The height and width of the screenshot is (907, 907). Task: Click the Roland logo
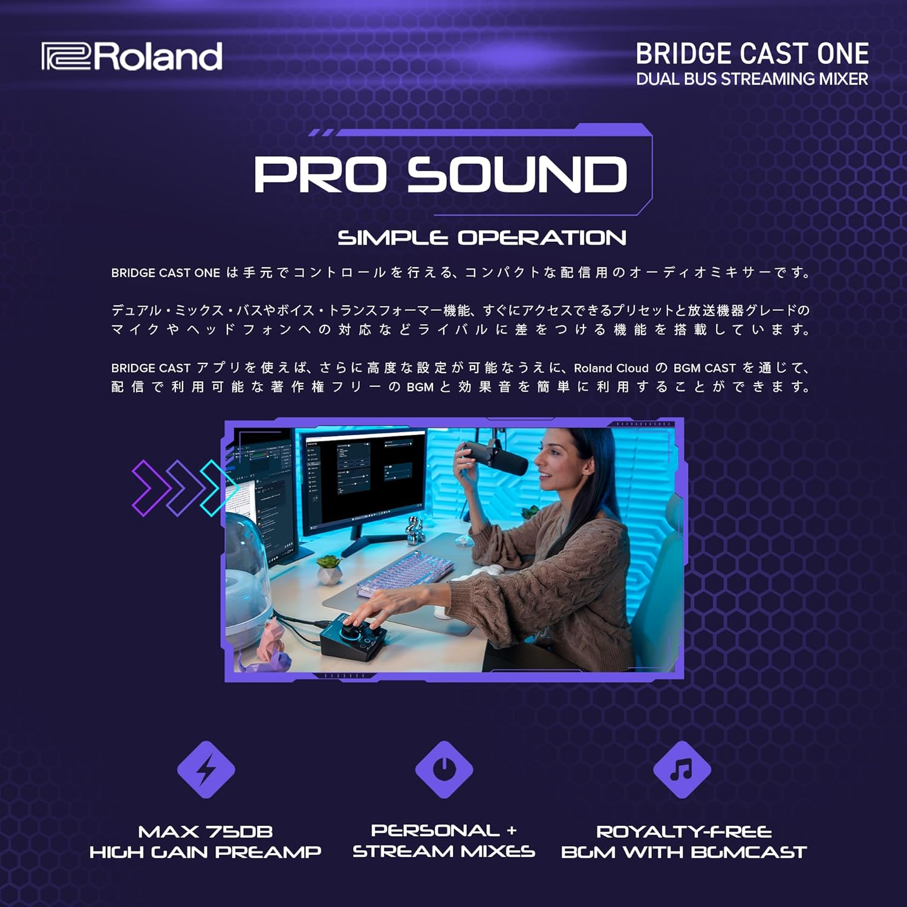[x=132, y=56]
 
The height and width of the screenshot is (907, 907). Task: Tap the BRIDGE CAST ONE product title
[x=752, y=54]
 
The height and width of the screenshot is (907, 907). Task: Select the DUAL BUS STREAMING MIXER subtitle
[x=752, y=79]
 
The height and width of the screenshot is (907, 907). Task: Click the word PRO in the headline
[x=320, y=175]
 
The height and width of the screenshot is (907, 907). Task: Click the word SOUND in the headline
[x=517, y=175]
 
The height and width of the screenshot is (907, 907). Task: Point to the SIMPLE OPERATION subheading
[x=481, y=238]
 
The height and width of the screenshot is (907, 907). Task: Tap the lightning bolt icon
[x=206, y=769]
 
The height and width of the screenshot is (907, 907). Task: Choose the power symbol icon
[x=444, y=769]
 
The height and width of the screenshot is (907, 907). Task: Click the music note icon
[x=681, y=769]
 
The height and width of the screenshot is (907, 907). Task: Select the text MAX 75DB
[x=206, y=832]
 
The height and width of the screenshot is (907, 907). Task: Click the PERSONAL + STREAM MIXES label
[x=444, y=841]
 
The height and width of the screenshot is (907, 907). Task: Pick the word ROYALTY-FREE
[x=684, y=832]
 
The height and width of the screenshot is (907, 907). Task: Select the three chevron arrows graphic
[x=181, y=488]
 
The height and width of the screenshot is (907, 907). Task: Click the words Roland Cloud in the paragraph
[x=611, y=368]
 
